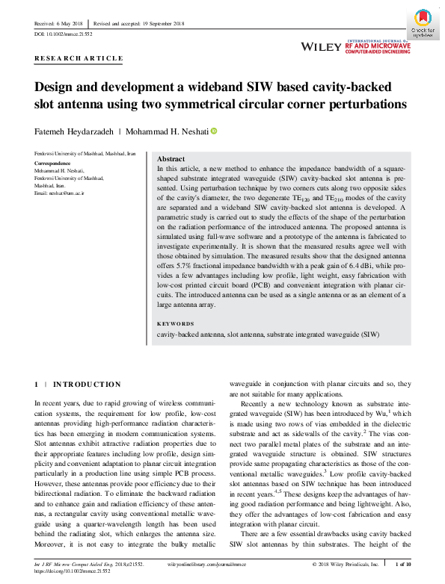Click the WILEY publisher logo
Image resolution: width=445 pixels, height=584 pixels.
click(321, 46)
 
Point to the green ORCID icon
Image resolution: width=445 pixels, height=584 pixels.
click(213, 131)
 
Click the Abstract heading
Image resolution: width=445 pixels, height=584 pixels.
click(171, 159)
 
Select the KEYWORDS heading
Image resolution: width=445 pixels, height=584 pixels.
click(176, 324)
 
